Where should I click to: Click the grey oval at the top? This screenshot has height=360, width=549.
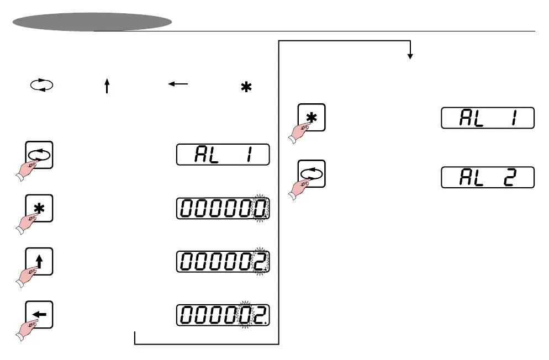pos(92,22)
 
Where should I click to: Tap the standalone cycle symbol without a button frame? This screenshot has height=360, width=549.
pos(42,86)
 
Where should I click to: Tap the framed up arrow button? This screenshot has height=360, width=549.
pos(40,262)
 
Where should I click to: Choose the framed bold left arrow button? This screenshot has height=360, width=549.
pos(40,314)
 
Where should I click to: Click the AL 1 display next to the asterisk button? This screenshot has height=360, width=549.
pos(487,118)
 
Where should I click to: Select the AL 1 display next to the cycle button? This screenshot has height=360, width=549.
pos(223,155)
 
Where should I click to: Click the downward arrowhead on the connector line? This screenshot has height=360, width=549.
pos(410,56)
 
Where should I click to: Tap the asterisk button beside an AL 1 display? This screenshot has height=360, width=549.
pos(312,117)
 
